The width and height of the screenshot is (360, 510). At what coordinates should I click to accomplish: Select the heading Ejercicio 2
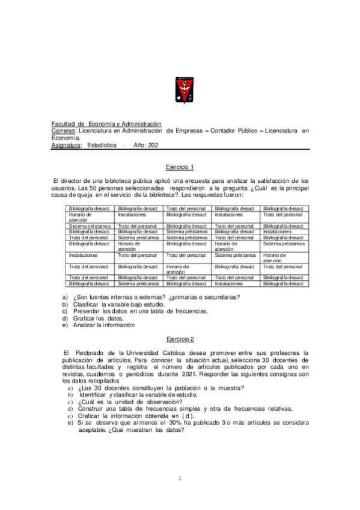(180, 339)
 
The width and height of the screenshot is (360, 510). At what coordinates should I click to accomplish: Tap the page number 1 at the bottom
(180, 478)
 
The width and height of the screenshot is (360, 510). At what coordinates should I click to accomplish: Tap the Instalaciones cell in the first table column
(83, 255)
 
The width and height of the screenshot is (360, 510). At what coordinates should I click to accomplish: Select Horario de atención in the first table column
(81, 217)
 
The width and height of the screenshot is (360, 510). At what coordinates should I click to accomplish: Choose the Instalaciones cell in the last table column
(277, 232)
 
